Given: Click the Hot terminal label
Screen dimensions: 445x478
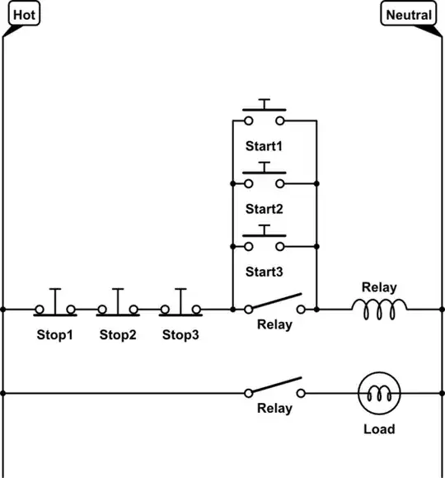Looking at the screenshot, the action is (25, 15).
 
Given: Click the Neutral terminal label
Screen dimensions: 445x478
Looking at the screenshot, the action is (409, 15).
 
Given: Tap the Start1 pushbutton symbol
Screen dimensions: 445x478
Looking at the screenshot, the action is (265, 113).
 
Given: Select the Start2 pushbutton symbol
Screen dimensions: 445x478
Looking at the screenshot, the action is (265, 176).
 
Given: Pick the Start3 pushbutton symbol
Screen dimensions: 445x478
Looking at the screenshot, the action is (265, 239).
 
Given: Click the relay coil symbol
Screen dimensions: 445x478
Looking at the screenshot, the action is (379, 309).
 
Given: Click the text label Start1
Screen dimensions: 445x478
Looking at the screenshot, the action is (265, 146).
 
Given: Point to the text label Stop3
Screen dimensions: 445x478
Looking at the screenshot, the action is (180, 334).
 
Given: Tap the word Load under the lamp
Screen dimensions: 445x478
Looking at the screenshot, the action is (379, 429).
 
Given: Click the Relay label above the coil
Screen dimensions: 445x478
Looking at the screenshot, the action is (379, 287).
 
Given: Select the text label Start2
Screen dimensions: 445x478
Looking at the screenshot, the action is (265, 209).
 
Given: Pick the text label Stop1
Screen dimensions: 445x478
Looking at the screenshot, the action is (54, 334).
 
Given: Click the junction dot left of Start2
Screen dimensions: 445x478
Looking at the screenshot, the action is (233, 183).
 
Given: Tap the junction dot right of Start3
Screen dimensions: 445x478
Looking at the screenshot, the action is (316, 246).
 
